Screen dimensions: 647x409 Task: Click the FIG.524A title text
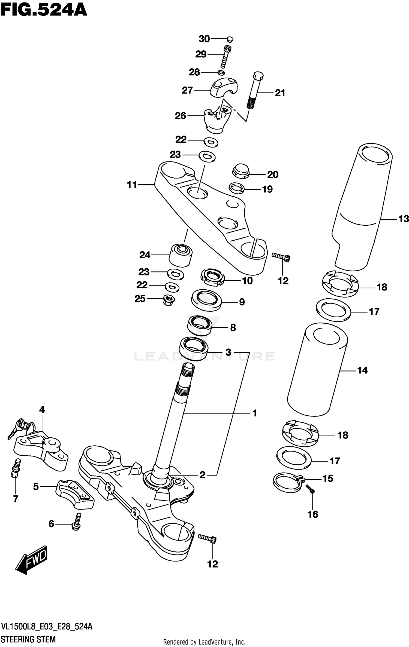pyautogui.click(x=44, y=10)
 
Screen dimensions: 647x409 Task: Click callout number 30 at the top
pyautogui.click(x=204, y=39)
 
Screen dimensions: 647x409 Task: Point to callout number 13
pyautogui.click(x=404, y=219)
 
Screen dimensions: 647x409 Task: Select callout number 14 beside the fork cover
pyautogui.click(x=362, y=370)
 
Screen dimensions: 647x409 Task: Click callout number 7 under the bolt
pyautogui.click(x=16, y=499)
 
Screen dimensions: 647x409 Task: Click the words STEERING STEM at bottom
pyautogui.click(x=28, y=639)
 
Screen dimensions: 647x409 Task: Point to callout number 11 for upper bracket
pyautogui.click(x=132, y=185)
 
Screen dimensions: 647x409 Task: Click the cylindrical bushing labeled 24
pyautogui.click(x=181, y=255)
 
